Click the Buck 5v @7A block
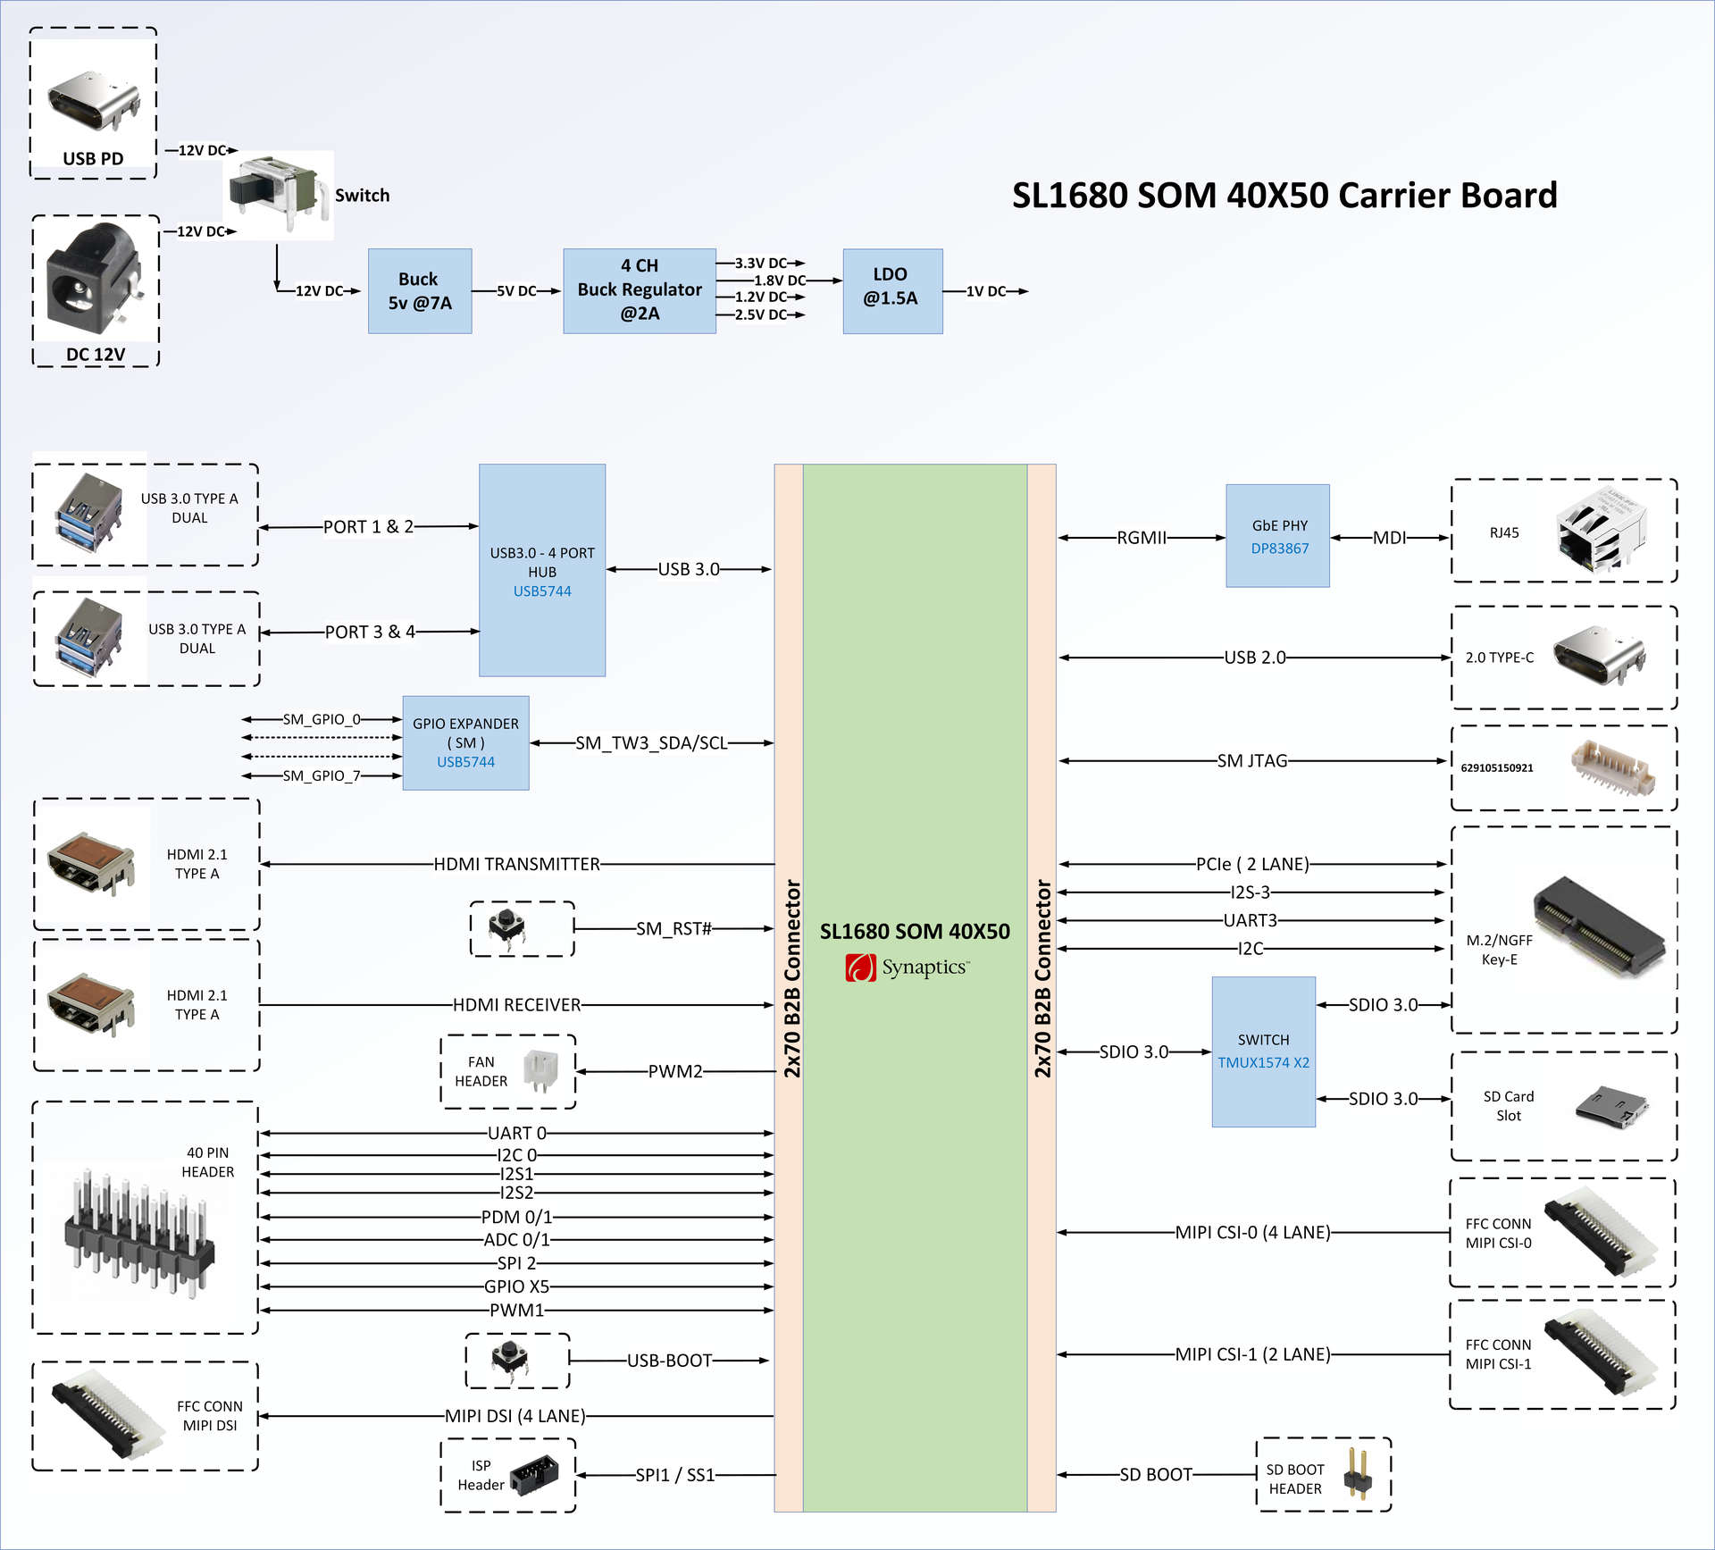tap(420, 291)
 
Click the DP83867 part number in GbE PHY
tap(1279, 549)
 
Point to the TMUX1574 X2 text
tap(1263, 1062)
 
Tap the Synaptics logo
tap(907, 968)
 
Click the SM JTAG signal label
tap(1251, 761)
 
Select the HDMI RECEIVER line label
tap(516, 1005)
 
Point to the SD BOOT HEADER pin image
tap(1358, 1473)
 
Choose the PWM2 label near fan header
tap(674, 1071)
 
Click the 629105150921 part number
tap(1497, 768)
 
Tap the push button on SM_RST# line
tap(507, 928)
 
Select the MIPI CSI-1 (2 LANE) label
tap(1251, 1354)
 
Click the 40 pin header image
tap(138, 1233)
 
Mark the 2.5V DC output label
tap(760, 314)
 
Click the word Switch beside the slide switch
tap(362, 196)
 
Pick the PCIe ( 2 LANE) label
tap(1251, 864)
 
